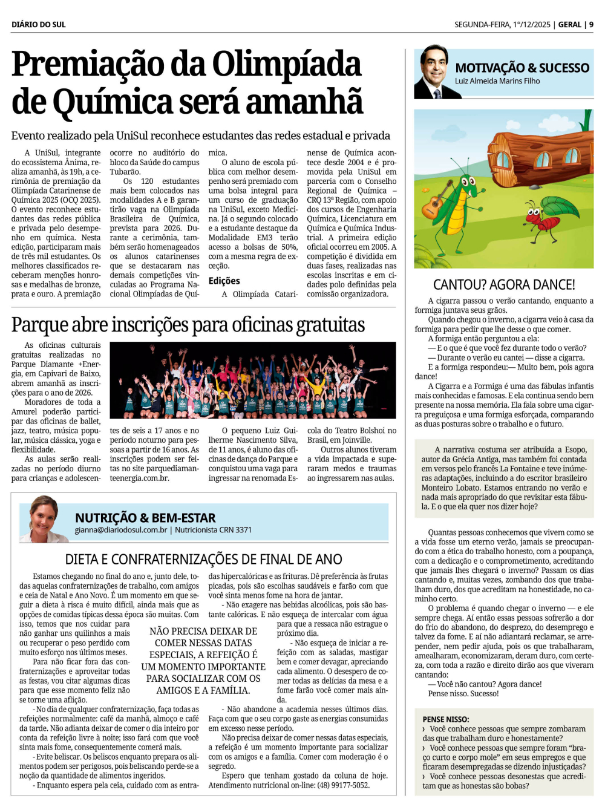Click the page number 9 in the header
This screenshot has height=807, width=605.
[591, 25]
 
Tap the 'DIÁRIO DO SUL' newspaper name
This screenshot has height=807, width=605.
[39, 25]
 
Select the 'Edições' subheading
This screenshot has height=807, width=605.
[224, 281]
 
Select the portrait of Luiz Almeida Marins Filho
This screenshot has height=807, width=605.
[434, 72]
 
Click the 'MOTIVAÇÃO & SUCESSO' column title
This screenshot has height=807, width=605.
[522, 68]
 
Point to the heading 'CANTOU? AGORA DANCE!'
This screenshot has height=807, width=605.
[504, 285]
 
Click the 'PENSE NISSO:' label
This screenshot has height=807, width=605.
[446, 719]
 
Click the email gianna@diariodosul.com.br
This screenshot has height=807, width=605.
[121, 530]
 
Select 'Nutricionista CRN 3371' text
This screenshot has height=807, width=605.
[213, 530]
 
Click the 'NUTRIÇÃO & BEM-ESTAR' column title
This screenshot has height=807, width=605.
[145, 518]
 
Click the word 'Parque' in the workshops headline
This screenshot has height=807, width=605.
[39, 325]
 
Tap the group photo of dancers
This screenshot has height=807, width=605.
[257, 381]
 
